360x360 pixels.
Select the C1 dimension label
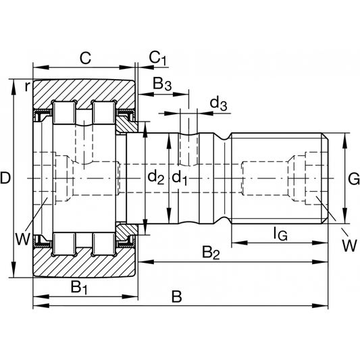click(157, 59)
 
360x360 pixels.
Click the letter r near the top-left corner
click(26, 86)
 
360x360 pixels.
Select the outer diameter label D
click(6, 178)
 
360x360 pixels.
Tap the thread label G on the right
click(353, 178)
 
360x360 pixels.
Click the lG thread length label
click(280, 234)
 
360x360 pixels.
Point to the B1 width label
click(80, 287)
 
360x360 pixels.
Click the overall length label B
click(177, 297)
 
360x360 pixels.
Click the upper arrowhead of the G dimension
click(344, 138)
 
